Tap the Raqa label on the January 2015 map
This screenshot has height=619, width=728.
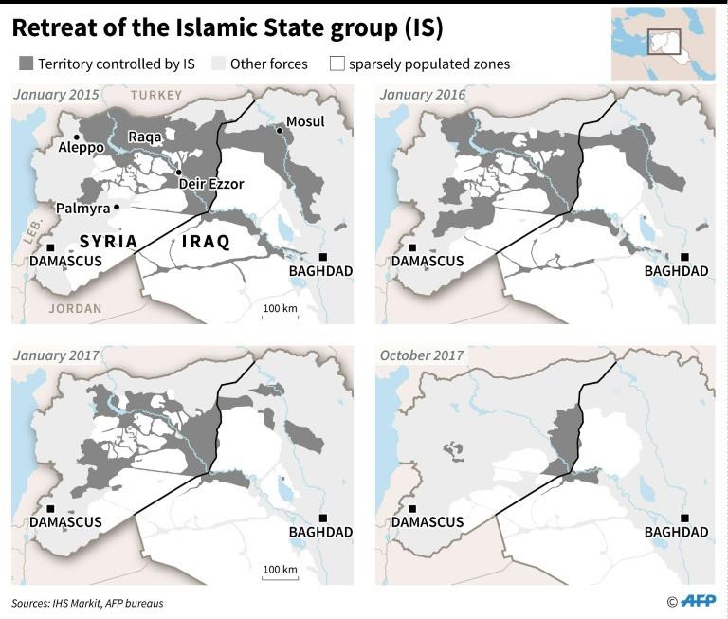point(146,136)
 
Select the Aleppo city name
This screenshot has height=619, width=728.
point(82,148)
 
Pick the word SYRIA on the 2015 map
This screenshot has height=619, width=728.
point(108,242)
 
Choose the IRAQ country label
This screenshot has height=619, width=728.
point(205,242)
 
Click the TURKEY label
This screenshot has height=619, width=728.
point(155,95)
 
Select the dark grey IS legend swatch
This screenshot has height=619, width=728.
point(27,64)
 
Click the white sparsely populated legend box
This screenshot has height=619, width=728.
point(337,64)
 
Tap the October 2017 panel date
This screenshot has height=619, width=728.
point(422,355)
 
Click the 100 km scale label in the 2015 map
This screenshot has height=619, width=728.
point(280,309)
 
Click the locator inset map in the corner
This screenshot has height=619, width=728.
point(660,42)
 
